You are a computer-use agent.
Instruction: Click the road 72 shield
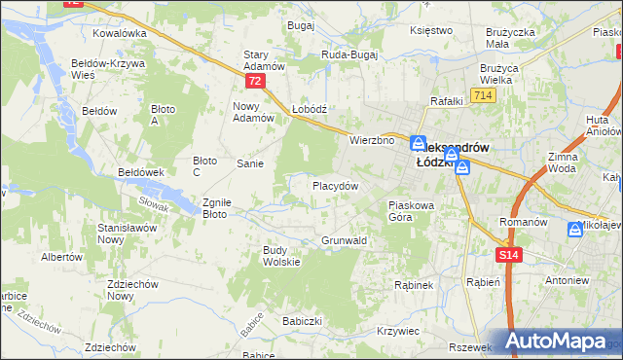pos(255,82)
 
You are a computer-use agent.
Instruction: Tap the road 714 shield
pos(482,95)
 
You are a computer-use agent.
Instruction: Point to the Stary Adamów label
pos(263,60)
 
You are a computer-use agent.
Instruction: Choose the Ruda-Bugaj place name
pos(348,55)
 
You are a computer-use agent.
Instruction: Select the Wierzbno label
pos(371,140)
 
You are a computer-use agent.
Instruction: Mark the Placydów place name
pos(335,185)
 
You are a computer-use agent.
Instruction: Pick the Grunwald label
pos(344,240)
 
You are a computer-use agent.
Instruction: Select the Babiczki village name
pos(301,320)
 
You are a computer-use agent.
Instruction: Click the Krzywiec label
pos(397,331)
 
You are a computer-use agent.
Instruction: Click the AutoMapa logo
pos(563,341)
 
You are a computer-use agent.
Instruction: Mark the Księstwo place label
pos(432,30)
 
